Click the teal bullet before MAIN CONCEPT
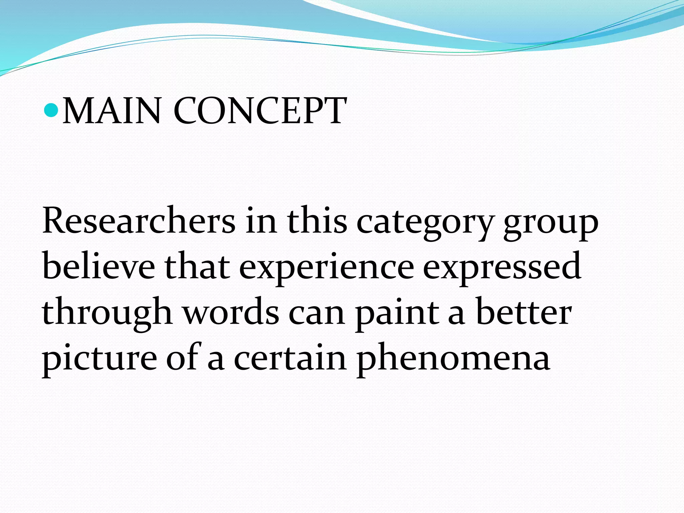51,110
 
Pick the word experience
327,269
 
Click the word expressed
502,269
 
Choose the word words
231,312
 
